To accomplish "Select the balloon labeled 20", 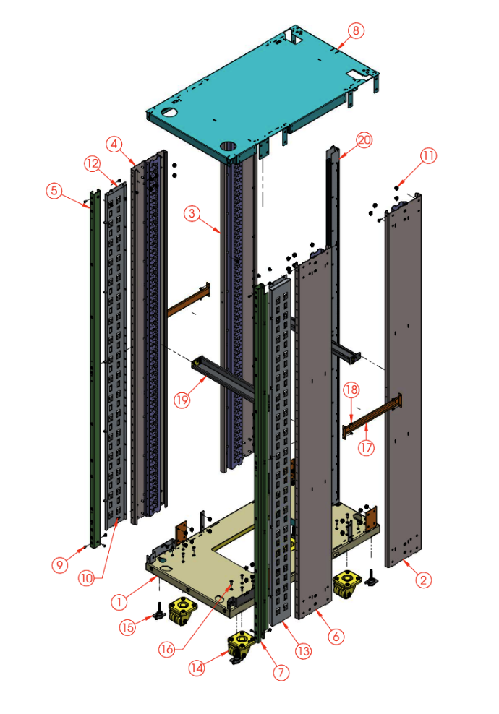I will pyautogui.click(x=364, y=140).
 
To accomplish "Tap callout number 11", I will pyautogui.click(x=429, y=155).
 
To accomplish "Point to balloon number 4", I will pyautogui.click(x=114, y=143).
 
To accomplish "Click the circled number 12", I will pyautogui.click(x=92, y=164).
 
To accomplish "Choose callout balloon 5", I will pyautogui.click(x=54, y=191).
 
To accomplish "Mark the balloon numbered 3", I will pyautogui.click(x=191, y=213).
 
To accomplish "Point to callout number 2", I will pyautogui.click(x=424, y=578).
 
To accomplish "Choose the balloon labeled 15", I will pyautogui.click(x=129, y=627).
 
